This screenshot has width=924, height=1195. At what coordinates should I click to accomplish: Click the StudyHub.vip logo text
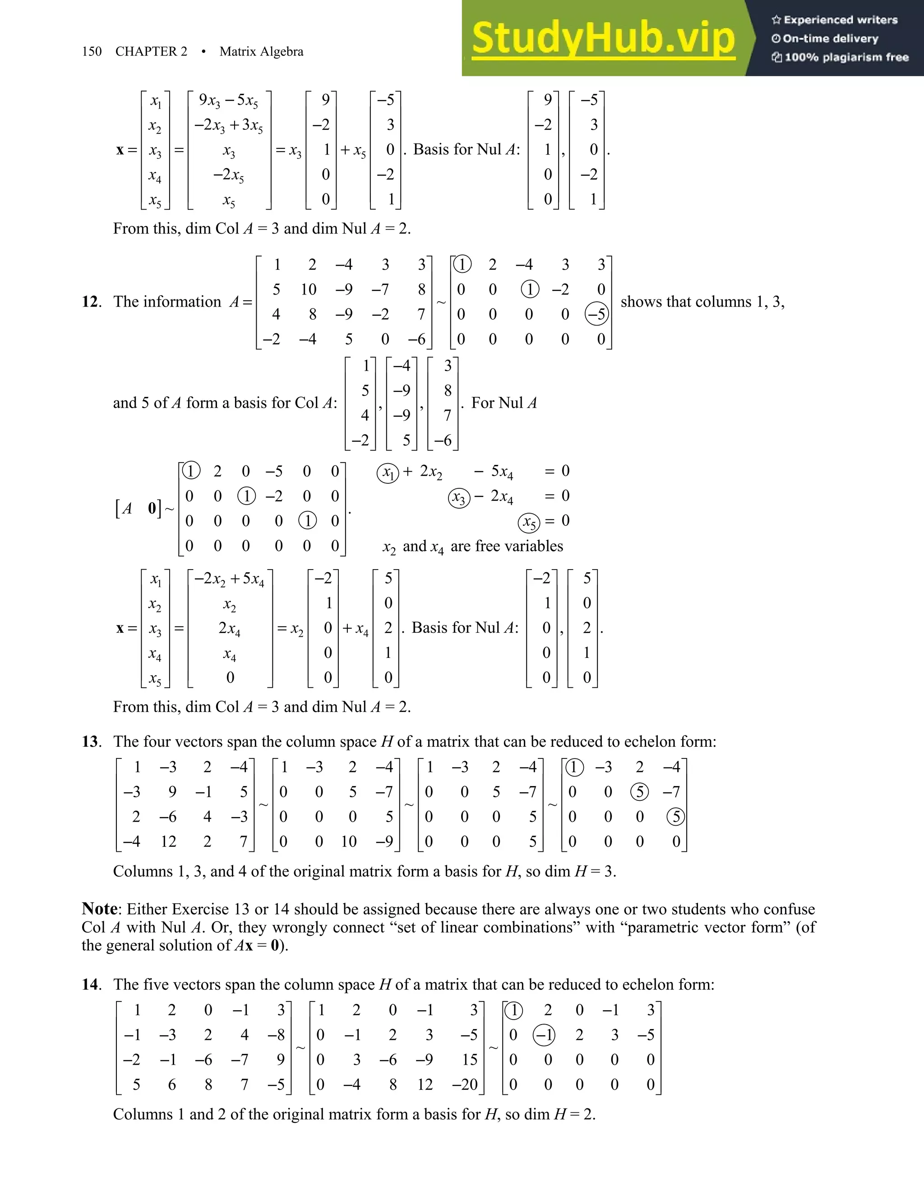pos(603,38)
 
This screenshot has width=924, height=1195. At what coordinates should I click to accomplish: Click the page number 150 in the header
pos(92,51)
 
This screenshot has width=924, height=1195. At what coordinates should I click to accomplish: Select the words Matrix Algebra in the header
pos(261,51)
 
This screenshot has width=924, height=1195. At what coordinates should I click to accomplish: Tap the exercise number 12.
pos(91,302)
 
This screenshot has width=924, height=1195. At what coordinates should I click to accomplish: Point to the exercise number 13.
pos(91,741)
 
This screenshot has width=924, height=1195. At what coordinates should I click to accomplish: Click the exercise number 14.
pos(91,984)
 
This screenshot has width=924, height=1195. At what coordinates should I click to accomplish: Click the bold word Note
pos(99,909)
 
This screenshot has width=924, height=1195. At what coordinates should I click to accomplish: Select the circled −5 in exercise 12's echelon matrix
pos(596,314)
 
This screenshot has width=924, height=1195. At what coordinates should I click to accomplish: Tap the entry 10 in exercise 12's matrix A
pos(308,290)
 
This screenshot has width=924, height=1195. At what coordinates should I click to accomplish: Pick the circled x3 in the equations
pos(459,498)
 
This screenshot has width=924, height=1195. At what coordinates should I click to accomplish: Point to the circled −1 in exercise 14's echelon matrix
pos(544,1034)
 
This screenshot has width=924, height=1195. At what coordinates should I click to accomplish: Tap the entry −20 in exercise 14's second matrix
pos(465,1084)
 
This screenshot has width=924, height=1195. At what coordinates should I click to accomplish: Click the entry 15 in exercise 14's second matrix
pos(469,1059)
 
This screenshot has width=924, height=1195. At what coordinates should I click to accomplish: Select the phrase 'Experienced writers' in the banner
pos(840,20)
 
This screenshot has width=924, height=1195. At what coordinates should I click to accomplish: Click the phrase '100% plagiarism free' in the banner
pos(846,57)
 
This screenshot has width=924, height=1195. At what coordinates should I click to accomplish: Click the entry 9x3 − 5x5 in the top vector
pos(228,101)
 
